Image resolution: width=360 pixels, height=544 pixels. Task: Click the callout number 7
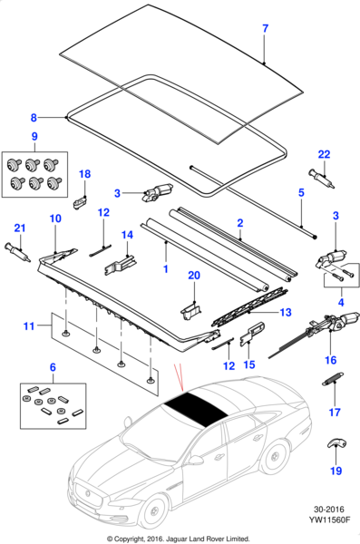tap(265, 29)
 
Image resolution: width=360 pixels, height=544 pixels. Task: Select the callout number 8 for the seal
tap(34, 117)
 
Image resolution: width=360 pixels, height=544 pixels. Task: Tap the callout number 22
tap(323, 154)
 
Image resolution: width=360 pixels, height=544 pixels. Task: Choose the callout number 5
tap(301, 193)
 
